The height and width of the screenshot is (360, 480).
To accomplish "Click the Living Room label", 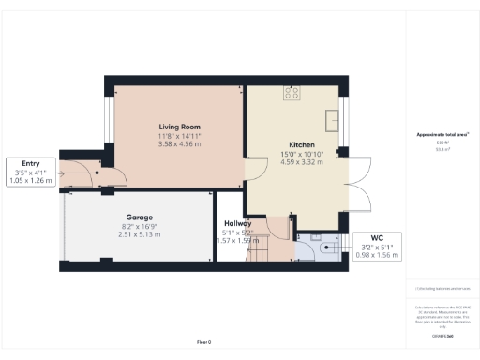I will [x=179, y=127].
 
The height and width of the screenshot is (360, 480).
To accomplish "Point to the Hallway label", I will [x=237, y=223].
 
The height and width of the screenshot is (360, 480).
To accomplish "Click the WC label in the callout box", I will [x=378, y=238].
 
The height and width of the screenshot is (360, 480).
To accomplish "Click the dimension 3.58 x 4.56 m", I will [x=179, y=144].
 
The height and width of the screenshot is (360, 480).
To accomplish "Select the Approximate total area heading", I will [x=442, y=135].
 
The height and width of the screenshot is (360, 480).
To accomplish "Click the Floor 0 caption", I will [x=205, y=342].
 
